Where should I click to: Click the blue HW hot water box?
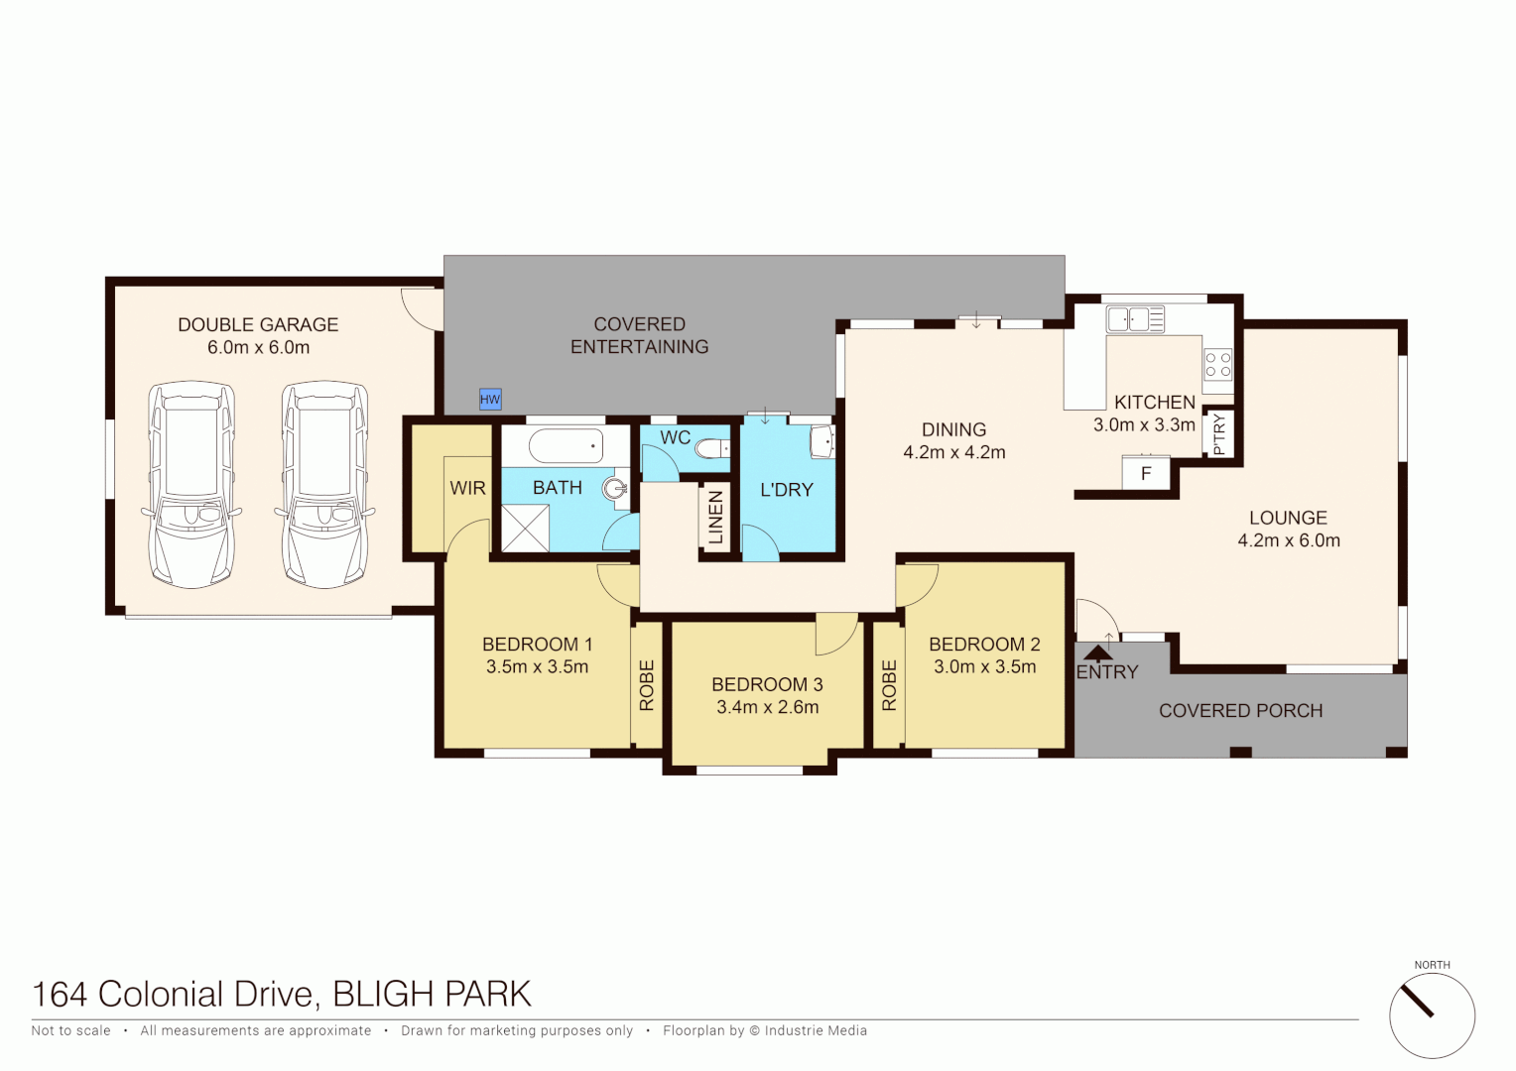[490, 400]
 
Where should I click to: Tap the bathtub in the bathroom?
[566, 446]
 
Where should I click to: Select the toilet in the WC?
[710, 449]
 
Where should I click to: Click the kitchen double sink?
[1136, 319]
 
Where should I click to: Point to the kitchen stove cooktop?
[1218, 365]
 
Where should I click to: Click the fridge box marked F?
[1146, 473]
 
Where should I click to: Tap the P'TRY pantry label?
[1219, 434]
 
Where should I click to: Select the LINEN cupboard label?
[715, 518]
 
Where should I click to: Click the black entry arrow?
[1097, 654]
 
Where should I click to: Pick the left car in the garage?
[191, 484]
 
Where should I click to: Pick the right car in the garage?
[324, 484]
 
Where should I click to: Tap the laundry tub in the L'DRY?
[822, 442]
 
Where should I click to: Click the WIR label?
[467, 488]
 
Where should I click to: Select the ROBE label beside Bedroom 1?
[647, 685]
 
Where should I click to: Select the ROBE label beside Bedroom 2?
[889, 685]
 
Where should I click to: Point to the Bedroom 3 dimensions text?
[767, 707]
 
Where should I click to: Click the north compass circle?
[1432, 1015]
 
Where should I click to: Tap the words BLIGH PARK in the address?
[432, 994]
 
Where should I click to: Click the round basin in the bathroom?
[617, 487]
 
